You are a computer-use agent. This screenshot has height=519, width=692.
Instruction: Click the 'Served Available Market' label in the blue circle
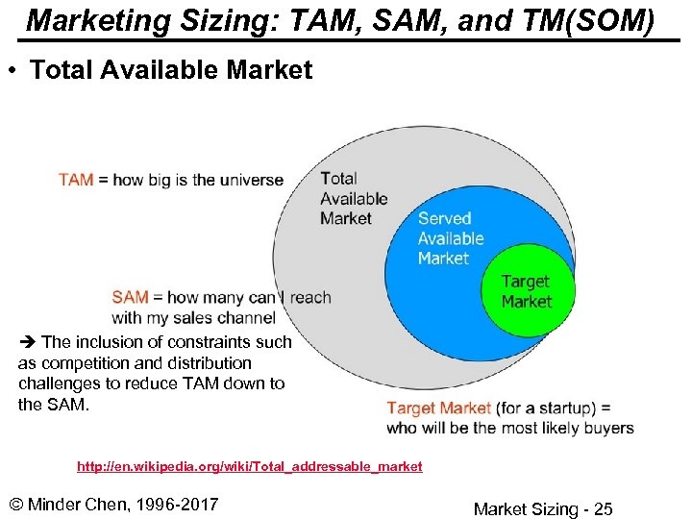coord(451,238)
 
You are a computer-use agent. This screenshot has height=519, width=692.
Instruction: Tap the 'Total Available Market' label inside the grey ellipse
coord(354,198)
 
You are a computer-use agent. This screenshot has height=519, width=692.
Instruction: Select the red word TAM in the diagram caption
coord(76,180)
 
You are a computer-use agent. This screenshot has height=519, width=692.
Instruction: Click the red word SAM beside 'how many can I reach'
coord(130,297)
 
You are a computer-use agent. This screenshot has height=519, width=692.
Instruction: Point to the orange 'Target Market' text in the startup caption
coord(439,408)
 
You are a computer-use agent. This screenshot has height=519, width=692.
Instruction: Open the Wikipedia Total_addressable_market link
coord(249,466)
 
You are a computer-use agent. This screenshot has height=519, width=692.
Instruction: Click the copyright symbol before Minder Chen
coord(14,504)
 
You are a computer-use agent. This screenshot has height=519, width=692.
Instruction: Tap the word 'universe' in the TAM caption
coord(252,180)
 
